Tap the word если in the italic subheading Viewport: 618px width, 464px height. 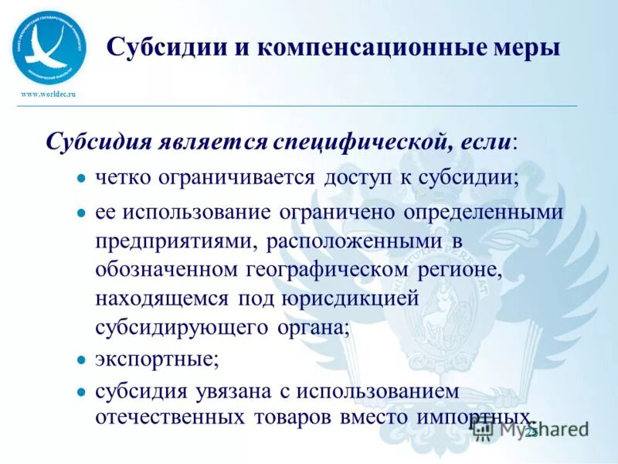[487, 142]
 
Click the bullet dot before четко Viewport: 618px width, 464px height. [81, 178]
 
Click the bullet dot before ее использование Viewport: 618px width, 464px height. [81, 213]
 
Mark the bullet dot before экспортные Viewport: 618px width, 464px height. [81, 360]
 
